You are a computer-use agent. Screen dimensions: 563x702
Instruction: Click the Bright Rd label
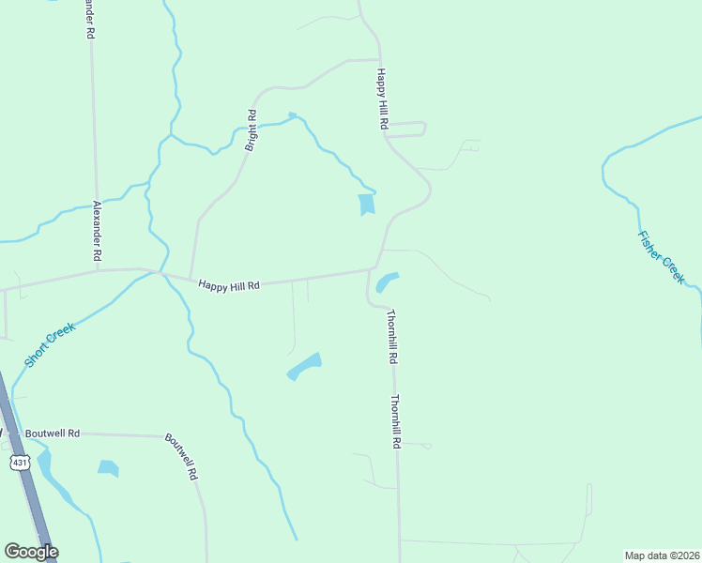coord(252,130)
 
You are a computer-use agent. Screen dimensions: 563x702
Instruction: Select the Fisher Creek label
coord(662,257)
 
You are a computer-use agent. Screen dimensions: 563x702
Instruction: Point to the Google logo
coord(31,552)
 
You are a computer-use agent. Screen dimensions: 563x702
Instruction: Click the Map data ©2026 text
coord(662,555)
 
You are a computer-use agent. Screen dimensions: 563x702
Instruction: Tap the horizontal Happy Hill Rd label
coord(228,283)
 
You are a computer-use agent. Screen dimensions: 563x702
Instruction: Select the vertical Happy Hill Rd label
coord(383,99)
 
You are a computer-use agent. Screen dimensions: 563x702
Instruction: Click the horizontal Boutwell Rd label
coord(53,434)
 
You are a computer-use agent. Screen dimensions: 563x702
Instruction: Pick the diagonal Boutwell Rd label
coord(182,456)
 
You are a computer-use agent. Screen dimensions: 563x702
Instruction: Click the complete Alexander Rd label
coord(97,231)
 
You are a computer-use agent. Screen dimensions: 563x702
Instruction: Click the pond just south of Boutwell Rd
coord(108,467)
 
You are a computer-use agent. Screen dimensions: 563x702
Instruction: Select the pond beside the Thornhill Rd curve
coord(386,281)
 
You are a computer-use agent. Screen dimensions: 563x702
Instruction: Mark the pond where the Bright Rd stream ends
coord(366,204)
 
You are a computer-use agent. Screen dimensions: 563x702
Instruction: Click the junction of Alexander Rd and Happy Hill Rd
coord(99,271)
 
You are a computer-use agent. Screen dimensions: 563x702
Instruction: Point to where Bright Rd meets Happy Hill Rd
coord(191,278)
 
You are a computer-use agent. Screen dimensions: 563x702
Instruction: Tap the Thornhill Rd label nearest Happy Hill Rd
coord(392,337)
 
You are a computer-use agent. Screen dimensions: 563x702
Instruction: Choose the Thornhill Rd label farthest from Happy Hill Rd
coord(397,420)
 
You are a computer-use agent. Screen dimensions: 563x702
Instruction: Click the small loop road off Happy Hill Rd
coord(409,129)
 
